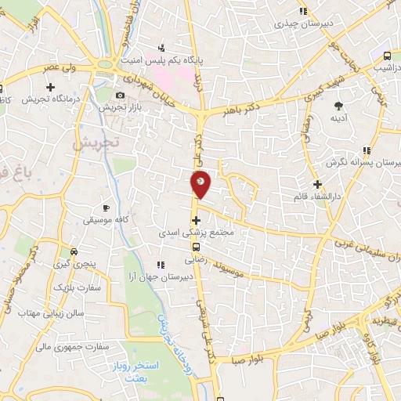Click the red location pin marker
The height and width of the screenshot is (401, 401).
(x=200, y=185)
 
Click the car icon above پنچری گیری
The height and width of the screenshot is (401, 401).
(x=73, y=252)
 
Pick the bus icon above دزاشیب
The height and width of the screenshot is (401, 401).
(x=387, y=56)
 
